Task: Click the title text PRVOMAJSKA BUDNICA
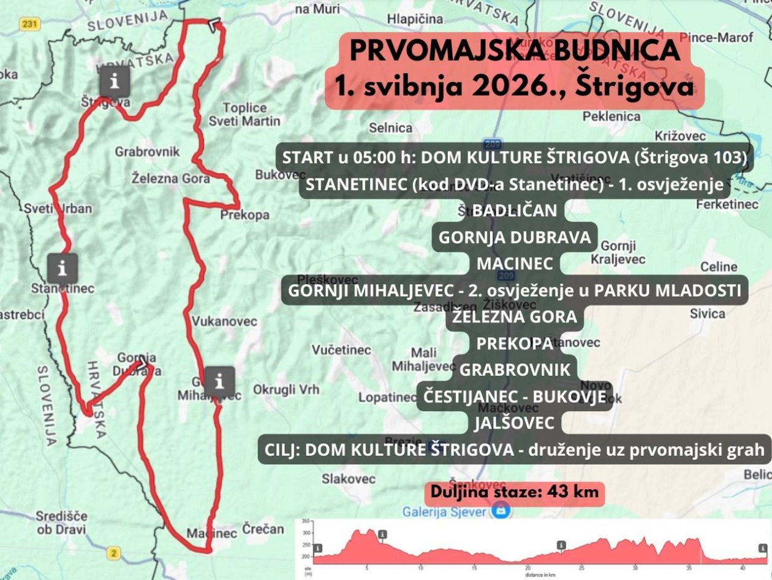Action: [x=514, y=51]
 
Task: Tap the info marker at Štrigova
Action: [x=115, y=80]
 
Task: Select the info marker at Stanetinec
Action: [x=62, y=268]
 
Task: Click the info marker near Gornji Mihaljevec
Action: [x=219, y=381]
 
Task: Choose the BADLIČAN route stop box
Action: [x=514, y=210]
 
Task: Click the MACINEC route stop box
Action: [x=514, y=264]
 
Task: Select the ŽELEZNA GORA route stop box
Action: [x=514, y=317]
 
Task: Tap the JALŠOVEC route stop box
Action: [x=514, y=422]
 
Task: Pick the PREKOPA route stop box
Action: [x=514, y=343]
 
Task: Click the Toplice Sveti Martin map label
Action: [x=244, y=115]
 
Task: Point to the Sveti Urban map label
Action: [x=58, y=208]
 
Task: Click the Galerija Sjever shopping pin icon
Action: [x=501, y=510]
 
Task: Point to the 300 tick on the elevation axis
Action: [x=306, y=533]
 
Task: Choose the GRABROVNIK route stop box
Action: [x=514, y=370]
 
